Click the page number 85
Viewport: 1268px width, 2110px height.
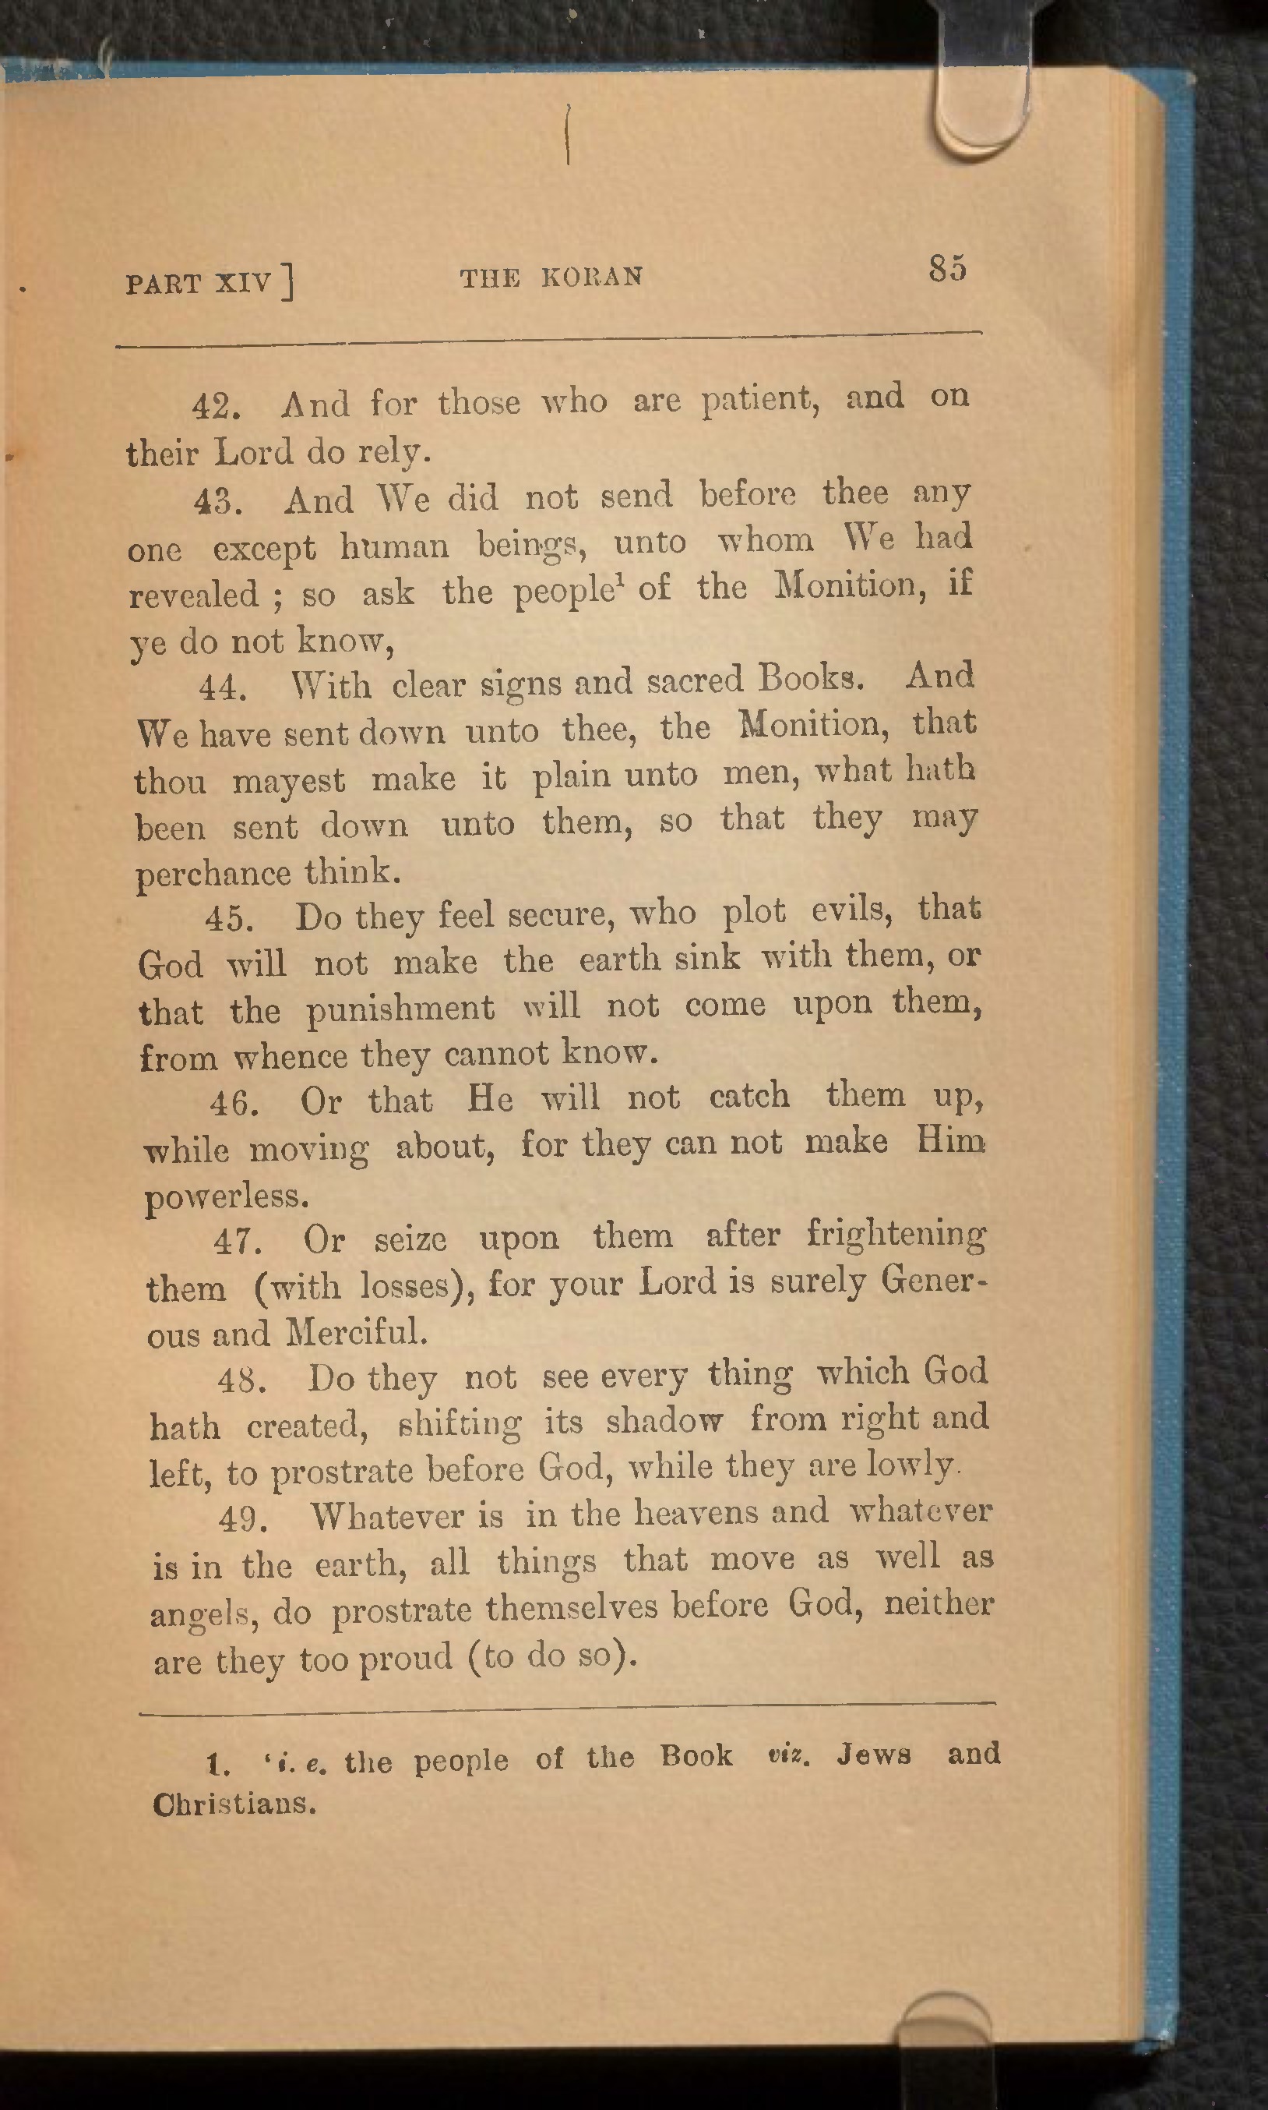(948, 267)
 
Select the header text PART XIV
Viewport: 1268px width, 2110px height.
(199, 283)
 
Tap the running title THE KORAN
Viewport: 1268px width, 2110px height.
(551, 277)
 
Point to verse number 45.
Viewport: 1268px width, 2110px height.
(228, 919)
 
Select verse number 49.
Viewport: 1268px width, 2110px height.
(244, 1519)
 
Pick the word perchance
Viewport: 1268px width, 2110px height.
(213, 875)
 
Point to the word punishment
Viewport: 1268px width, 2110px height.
(400, 1009)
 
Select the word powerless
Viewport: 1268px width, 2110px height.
(227, 1196)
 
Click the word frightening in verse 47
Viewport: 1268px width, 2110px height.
(896, 1234)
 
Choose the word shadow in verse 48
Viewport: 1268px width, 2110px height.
(664, 1421)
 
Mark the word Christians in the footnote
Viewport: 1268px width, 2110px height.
(235, 1804)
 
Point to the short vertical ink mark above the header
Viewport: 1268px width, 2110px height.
(567, 134)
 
